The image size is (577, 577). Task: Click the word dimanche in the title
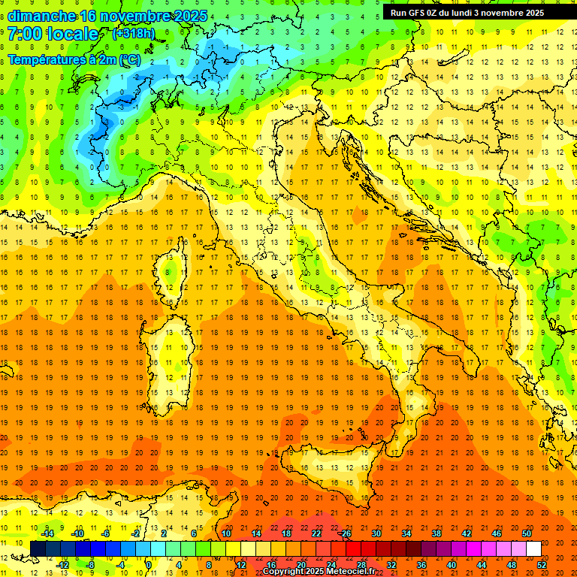tap(41, 16)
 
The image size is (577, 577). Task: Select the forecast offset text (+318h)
tap(134, 34)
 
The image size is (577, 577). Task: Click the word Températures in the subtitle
tap(43, 59)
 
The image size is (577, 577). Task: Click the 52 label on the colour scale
tap(542, 565)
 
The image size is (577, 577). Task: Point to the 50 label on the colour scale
tap(527, 533)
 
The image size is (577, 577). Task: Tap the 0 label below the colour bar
tap(149, 565)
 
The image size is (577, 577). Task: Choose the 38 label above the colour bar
tap(437, 533)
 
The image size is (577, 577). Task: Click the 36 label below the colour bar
tap(421, 565)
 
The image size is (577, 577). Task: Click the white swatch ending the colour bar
tap(533, 549)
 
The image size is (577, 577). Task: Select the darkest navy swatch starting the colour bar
tap(38, 549)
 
